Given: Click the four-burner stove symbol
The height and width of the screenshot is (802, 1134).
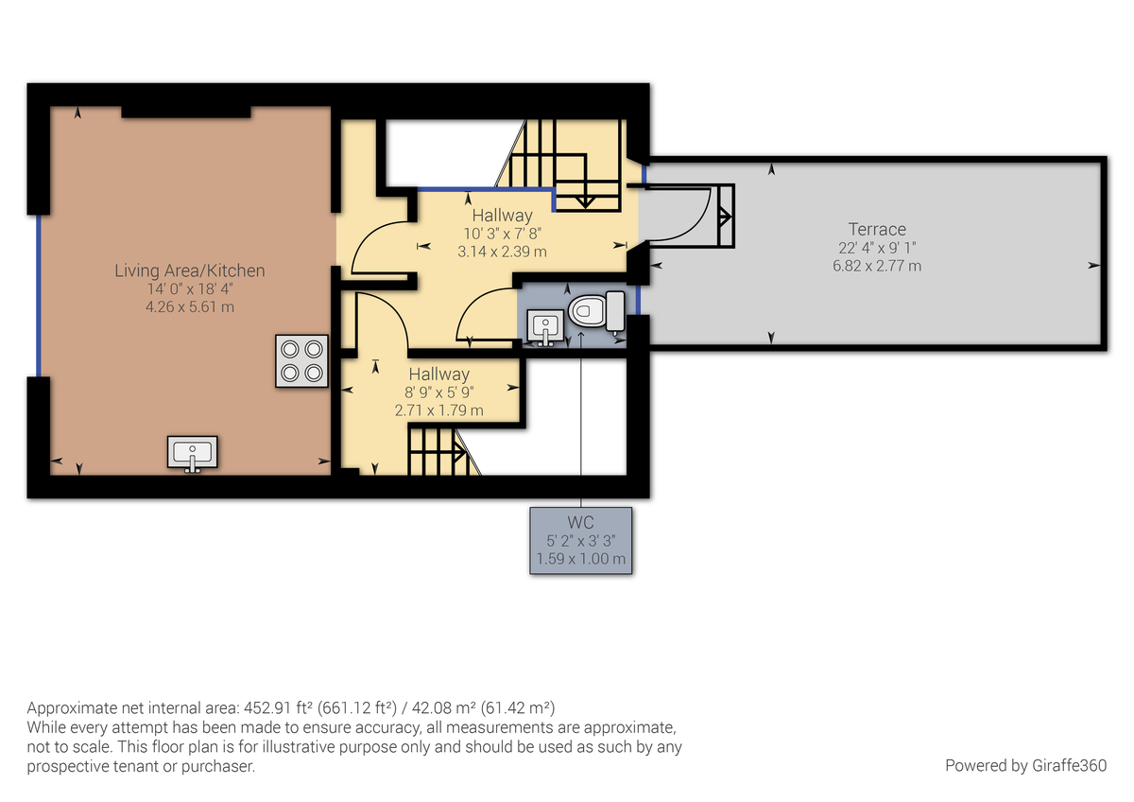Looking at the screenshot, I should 302,360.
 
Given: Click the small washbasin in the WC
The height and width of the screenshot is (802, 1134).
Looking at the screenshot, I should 544,327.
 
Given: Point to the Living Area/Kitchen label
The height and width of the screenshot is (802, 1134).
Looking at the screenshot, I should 190,270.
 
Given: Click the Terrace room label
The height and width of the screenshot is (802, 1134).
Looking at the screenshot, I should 877,229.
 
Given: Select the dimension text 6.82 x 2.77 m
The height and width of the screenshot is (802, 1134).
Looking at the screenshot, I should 877,266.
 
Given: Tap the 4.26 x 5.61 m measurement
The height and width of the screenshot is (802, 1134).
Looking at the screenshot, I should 190,307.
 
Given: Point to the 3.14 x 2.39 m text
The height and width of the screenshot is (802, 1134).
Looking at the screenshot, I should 502,252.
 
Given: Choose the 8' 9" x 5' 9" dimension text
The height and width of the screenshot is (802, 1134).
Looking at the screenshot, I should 438,392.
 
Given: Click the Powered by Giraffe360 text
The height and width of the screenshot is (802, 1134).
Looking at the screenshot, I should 1025,765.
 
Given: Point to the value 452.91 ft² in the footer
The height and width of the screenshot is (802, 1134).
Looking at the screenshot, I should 277,708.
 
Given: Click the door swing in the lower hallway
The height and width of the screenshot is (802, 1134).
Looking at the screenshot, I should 382,322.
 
